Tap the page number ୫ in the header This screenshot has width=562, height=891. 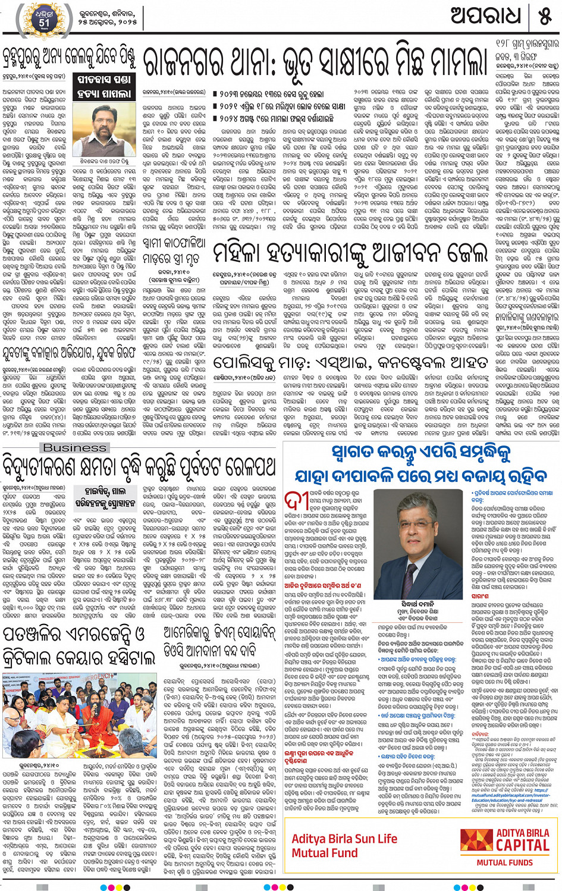pos(545,17)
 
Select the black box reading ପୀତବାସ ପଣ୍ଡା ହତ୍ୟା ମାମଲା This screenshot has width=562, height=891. pos(104,87)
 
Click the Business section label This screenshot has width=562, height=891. pos(75,447)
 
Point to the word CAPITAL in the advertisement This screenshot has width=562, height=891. pos(522,845)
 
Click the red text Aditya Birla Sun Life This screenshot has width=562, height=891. pos(344,839)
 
